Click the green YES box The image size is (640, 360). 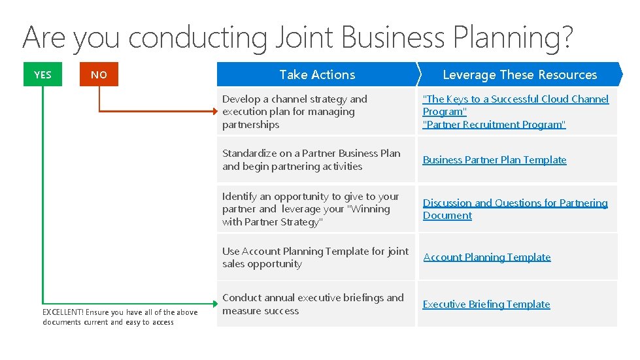[x=42, y=74]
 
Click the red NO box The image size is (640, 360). [x=99, y=74]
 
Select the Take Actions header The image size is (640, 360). [x=317, y=74]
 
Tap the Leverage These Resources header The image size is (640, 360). [x=520, y=74]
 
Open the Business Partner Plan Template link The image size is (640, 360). [x=494, y=159]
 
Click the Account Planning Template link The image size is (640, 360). [x=487, y=257]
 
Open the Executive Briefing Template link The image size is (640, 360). [x=486, y=304]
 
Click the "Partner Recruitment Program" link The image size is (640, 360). [x=494, y=124]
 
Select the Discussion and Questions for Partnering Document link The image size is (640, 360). [x=515, y=209]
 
